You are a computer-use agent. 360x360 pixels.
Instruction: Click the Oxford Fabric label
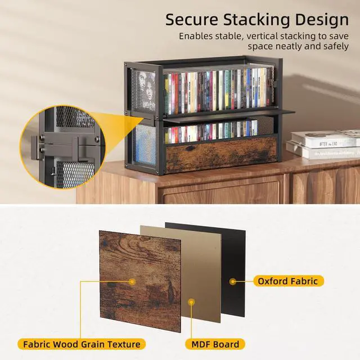click(287, 281)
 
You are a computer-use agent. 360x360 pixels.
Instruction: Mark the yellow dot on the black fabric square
click(232, 280)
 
